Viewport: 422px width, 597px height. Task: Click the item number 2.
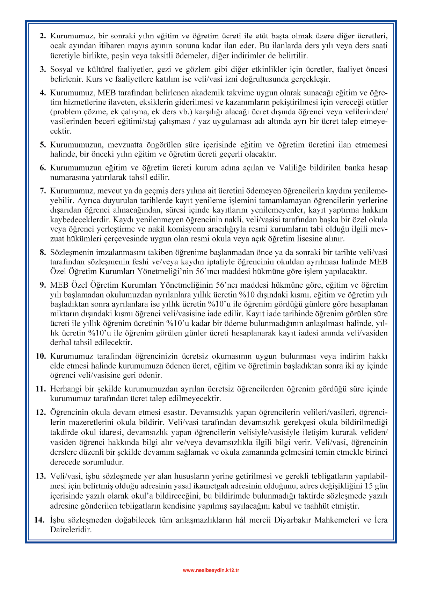tap(43, 36)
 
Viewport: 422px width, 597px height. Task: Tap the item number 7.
tap(43, 191)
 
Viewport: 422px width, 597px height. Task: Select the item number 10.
tap(41, 357)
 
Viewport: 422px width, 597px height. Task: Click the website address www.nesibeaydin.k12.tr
tap(211, 570)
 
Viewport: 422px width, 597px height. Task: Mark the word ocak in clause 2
tap(58, 46)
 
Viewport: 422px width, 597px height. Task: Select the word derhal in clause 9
tap(60, 343)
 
